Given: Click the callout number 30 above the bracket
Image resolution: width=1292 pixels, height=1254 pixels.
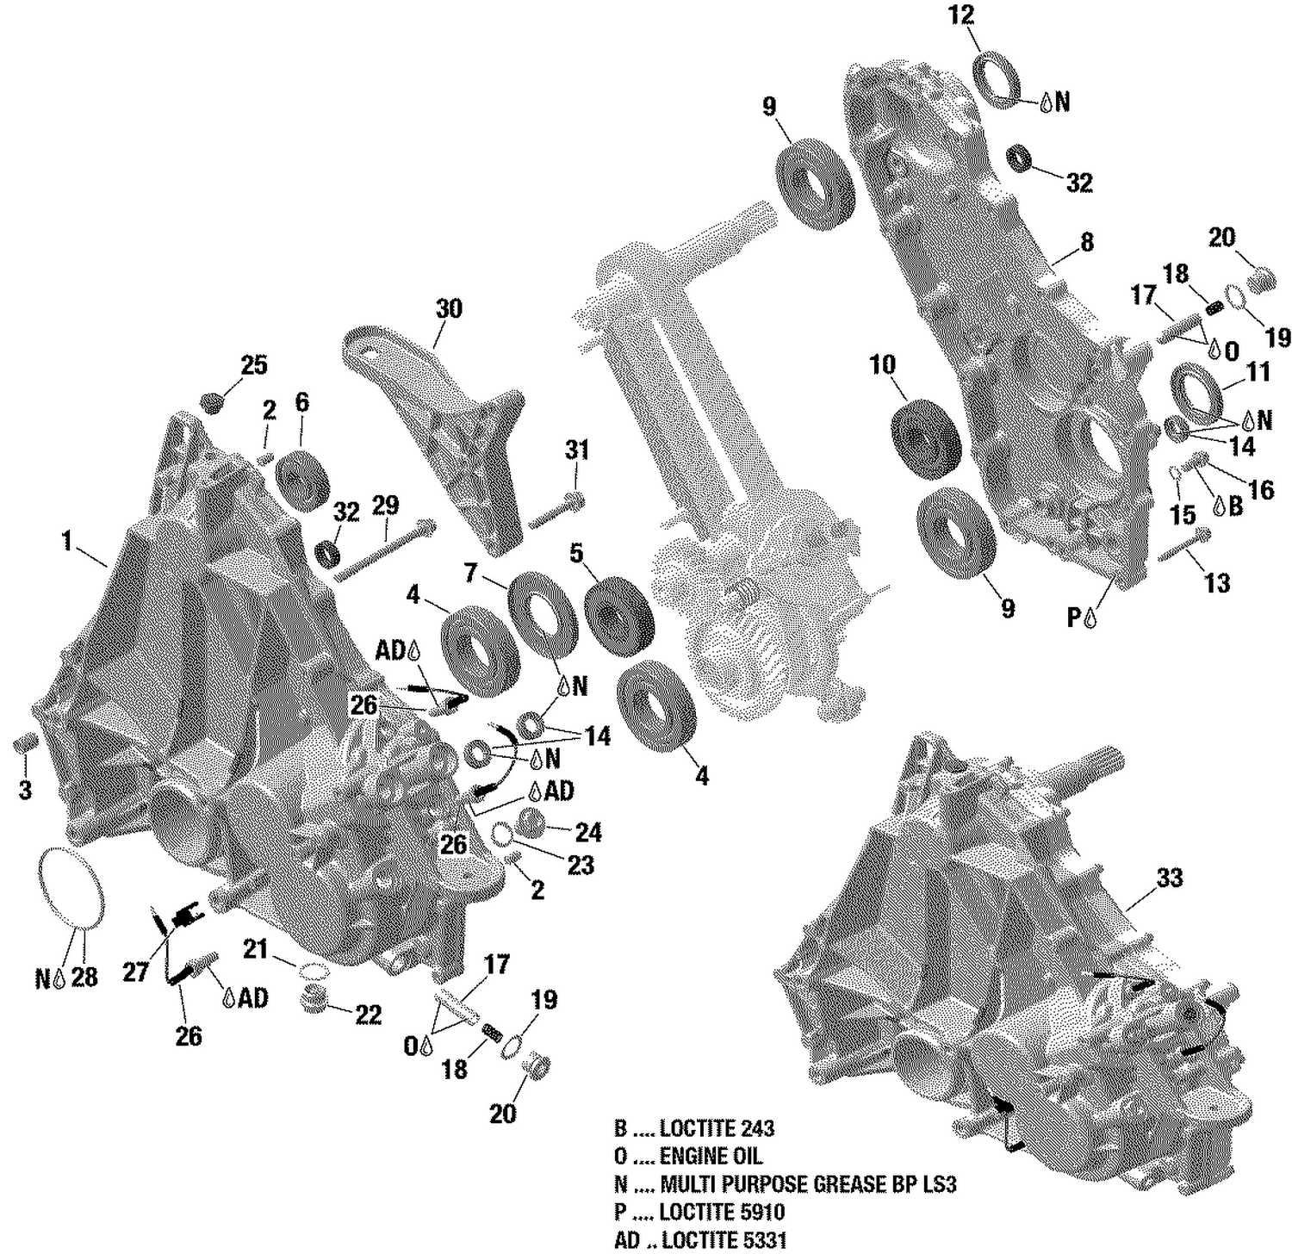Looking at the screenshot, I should pos(449,308).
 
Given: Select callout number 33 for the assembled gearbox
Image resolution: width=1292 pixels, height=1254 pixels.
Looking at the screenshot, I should pos(1170,878).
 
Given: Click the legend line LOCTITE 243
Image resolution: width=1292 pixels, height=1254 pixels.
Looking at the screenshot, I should pos(693,1128).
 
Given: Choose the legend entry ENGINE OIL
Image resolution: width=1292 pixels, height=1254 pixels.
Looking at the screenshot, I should pos(688,1156).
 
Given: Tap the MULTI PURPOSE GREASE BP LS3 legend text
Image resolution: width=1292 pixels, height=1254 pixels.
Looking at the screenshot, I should pos(785,1184).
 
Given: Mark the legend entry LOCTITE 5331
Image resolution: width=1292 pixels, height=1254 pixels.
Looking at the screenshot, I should pos(699,1240).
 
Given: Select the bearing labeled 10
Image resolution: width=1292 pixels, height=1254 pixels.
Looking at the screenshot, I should pos(926,438).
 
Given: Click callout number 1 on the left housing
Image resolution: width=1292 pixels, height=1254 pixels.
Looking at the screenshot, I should pos(67,542).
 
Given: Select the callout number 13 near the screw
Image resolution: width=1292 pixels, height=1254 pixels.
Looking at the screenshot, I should pos(1216,583).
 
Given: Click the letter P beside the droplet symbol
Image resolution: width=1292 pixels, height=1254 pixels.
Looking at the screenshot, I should pos(1073,617).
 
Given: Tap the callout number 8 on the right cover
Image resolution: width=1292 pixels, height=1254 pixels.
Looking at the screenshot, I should pos(1087,242).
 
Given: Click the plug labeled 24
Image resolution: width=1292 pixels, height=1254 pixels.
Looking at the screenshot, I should pos(531,823).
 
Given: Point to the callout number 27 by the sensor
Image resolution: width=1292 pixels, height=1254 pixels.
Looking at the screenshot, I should pos(136,972).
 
